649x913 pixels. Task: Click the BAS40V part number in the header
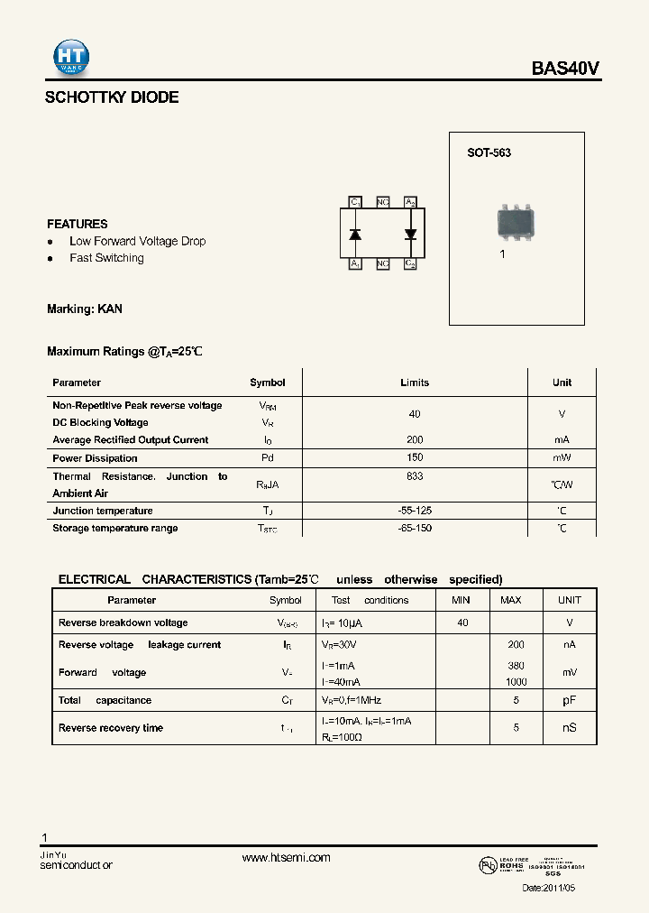(x=565, y=69)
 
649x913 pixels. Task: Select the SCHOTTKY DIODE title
(x=112, y=97)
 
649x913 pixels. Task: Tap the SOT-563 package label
(x=489, y=153)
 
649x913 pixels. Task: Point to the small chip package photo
(x=516, y=221)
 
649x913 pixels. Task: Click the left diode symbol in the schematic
(x=355, y=234)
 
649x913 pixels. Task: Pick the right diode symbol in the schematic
(x=410, y=234)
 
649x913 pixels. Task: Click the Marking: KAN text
(x=85, y=309)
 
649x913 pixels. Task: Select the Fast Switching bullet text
(x=106, y=258)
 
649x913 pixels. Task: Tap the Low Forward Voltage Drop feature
(x=137, y=241)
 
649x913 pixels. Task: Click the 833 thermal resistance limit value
(x=415, y=476)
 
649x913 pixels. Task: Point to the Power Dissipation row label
(x=95, y=458)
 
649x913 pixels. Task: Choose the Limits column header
(x=415, y=383)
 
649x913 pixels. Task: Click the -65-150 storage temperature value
(x=415, y=528)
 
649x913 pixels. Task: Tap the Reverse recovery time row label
(x=111, y=728)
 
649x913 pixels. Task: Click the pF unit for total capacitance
(x=570, y=700)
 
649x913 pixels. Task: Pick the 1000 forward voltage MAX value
(x=516, y=682)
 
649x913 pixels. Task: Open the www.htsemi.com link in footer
(x=286, y=858)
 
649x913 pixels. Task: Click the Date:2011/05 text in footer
(x=548, y=888)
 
